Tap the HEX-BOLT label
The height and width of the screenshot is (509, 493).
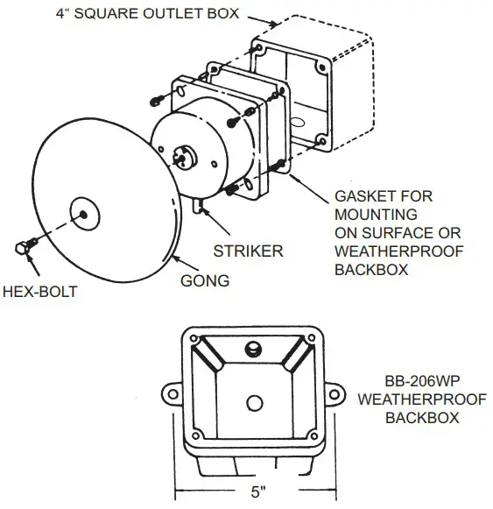[39, 290]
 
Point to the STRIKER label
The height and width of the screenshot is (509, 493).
[249, 251]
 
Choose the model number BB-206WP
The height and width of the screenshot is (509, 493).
[423, 383]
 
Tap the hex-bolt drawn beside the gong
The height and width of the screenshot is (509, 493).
[24, 247]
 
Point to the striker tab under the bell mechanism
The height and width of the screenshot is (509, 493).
[199, 206]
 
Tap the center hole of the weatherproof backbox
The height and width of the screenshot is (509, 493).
[253, 402]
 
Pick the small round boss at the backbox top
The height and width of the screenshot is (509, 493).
[254, 348]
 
